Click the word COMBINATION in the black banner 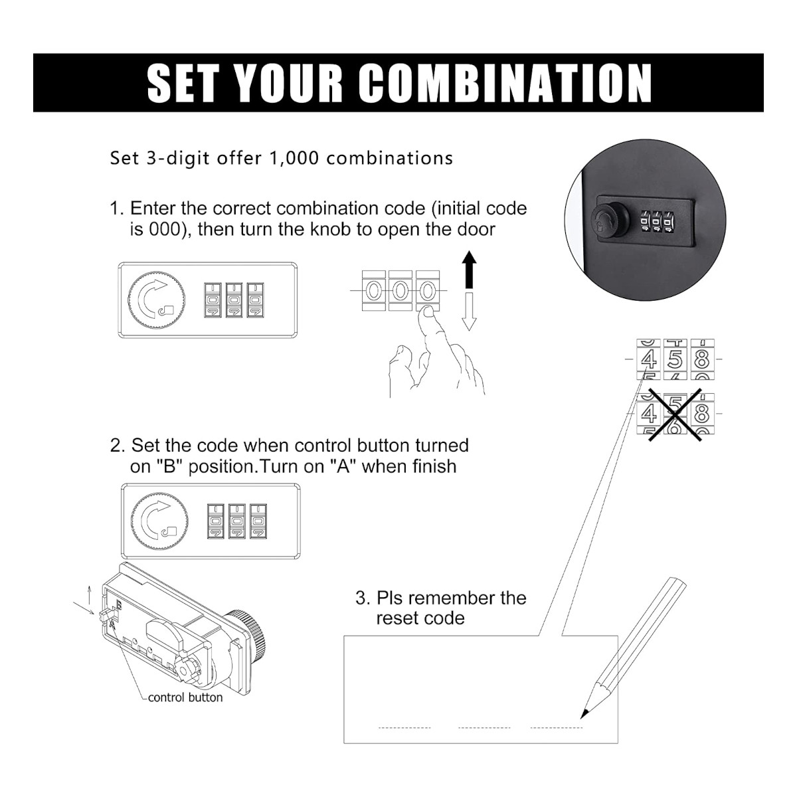505,83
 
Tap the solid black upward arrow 469,269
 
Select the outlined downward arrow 469,311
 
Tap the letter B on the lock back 119,604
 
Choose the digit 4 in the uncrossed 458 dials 648,359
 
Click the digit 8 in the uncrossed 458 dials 702,359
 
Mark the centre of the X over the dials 675,414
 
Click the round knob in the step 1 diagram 156,300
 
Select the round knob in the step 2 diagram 159,521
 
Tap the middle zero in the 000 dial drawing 400,290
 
